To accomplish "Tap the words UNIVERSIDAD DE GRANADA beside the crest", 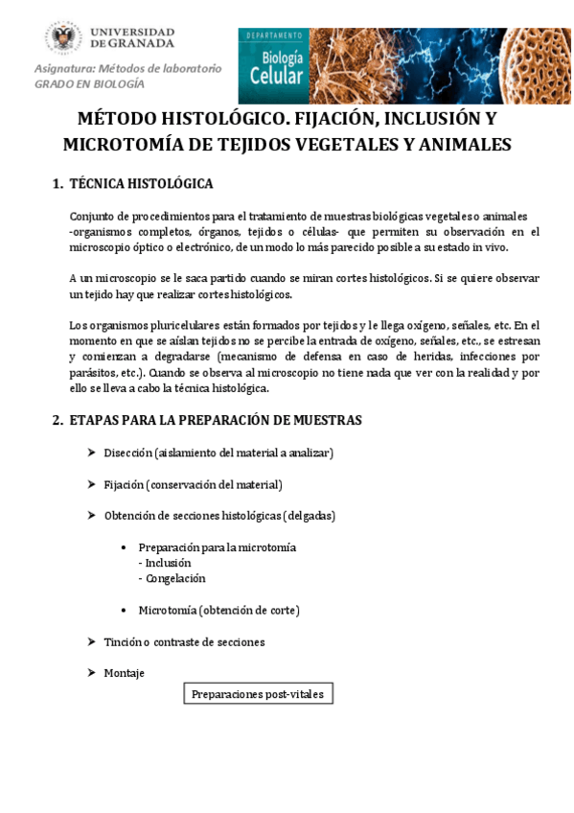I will [132, 36].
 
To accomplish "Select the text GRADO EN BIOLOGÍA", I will [89, 84].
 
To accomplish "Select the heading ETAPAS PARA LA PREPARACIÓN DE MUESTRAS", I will [216, 420].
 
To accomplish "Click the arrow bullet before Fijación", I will [90, 484].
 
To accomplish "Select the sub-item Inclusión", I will [168, 563].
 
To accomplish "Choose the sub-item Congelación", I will [174, 578].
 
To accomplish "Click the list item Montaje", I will [124, 673].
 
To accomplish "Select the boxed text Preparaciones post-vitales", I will [258, 693].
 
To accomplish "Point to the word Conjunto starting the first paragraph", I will [94, 217].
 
